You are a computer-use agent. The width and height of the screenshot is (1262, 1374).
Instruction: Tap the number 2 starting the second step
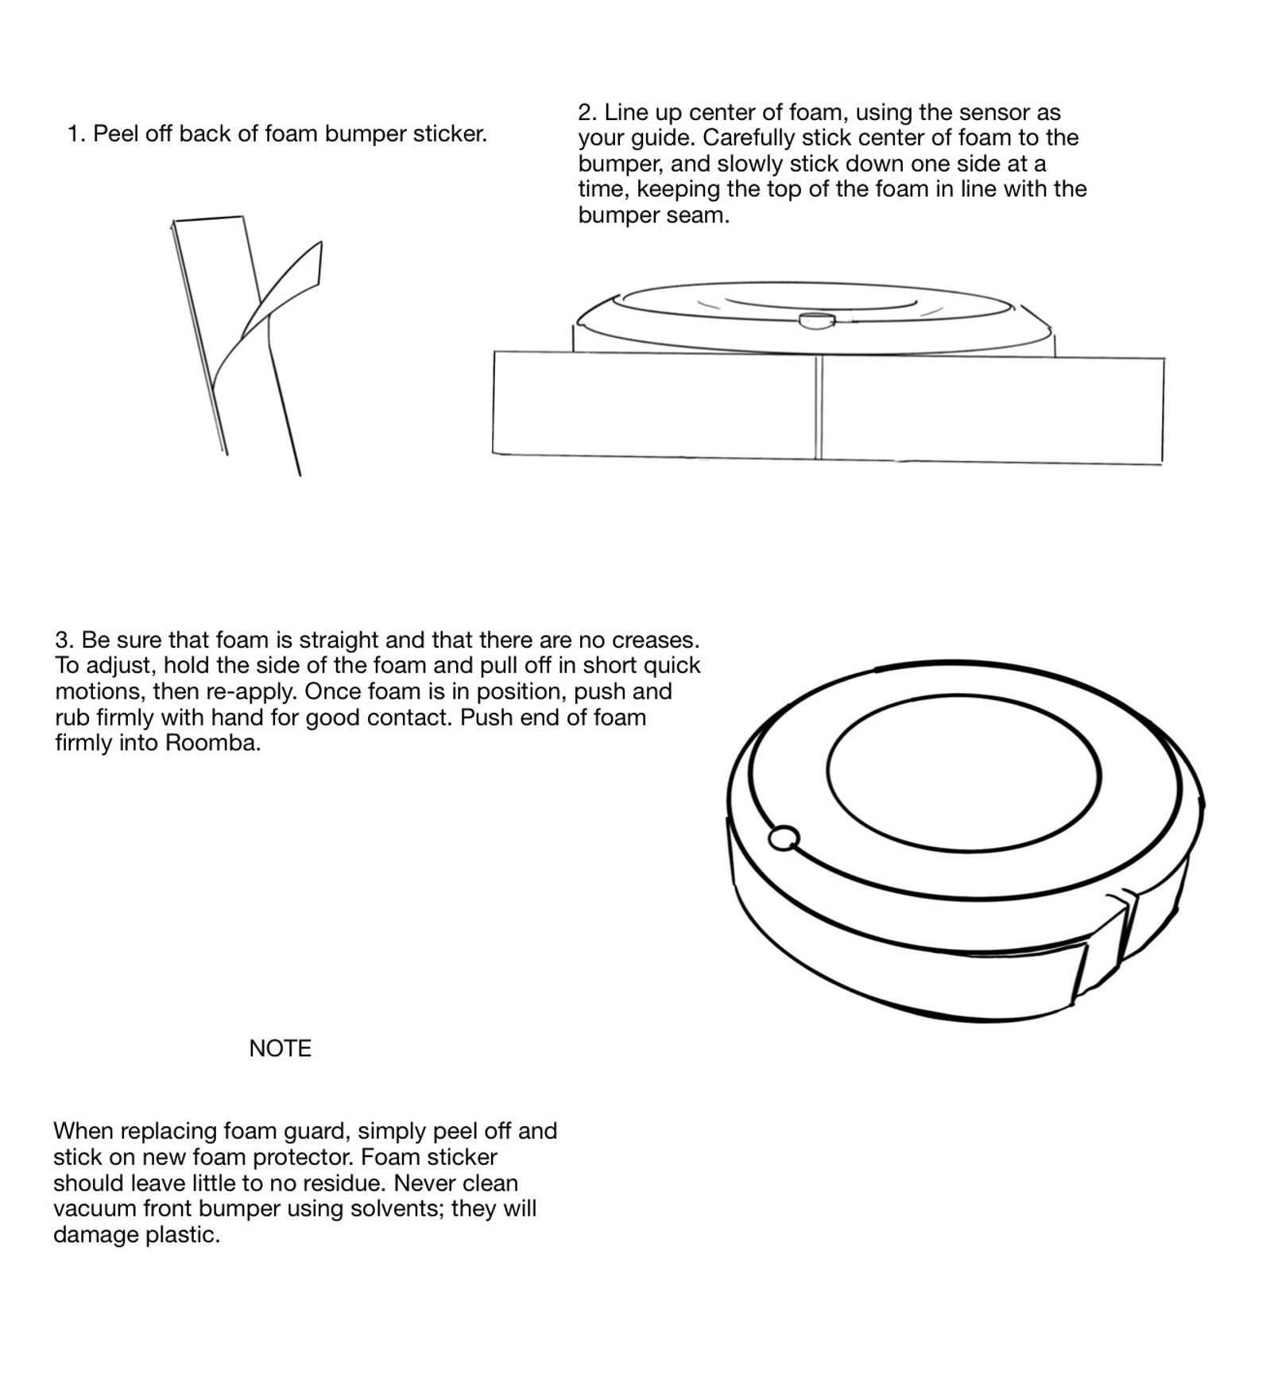[586, 112]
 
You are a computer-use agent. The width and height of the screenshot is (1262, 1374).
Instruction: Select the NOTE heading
[280, 1048]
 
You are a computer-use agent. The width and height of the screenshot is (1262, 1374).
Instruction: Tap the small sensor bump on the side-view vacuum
[816, 319]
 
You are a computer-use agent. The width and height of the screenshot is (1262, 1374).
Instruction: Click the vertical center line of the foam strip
[819, 407]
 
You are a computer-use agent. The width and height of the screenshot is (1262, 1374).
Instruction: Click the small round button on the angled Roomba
[784, 838]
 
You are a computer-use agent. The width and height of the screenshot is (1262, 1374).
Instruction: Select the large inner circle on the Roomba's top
[963, 775]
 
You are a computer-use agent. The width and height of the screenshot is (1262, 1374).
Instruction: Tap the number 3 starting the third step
[62, 640]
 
